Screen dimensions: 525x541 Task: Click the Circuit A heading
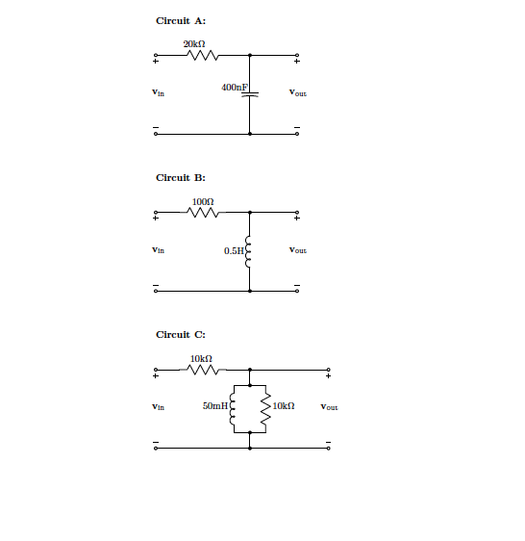click(x=181, y=21)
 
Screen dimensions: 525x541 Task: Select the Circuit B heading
click(x=181, y=178)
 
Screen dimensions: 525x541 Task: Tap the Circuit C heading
click(x=181, y=335)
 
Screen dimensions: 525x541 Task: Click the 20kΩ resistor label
click(x=194, y=44)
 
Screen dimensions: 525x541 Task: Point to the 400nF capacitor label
click(x=235, y=88)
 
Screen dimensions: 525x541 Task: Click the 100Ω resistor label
click(x=203, y=201)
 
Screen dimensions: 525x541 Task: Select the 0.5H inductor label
click(x=234, y=251)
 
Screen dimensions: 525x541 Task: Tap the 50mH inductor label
click(x=215, y=406)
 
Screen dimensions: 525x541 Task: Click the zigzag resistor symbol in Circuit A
click(x=203, y=55)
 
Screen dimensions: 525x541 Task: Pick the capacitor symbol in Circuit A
click(x=250, y=94)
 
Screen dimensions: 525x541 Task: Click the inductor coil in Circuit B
click(x=248, y=252)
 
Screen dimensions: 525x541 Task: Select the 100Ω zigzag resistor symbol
click(x=203, y=213)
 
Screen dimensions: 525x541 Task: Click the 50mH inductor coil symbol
click(x=233, y=409)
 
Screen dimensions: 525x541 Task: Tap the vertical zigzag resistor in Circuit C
click(x=265, y=409)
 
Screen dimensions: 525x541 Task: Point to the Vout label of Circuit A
click(x=298, y=92)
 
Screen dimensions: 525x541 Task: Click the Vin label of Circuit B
click(x=159, y=249)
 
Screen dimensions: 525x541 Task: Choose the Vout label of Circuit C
click(x=329, y=407)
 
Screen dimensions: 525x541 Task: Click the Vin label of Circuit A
click(x=159, y=92)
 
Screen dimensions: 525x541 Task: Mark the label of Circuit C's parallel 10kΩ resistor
click(x=284, y=406)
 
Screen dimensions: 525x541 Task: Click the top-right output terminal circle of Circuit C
click(x=328, y=370)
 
